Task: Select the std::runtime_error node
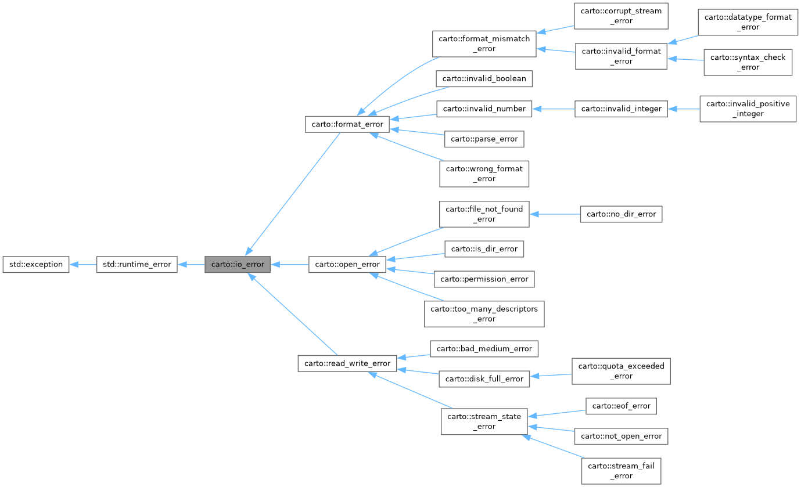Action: [137, 264]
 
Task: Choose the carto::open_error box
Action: [347, 264]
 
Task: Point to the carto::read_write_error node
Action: [347, 364]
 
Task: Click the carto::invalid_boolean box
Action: [484, 78]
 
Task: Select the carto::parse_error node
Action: [484, 139]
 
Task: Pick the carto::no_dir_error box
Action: [621, 214]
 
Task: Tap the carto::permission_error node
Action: [484, 279]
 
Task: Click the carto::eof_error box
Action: [621, 406]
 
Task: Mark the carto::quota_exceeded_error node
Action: [621, 371]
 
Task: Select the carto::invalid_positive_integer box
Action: [747, 109]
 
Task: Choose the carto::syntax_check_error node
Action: [748, 62]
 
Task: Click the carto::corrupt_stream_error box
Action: [621, 16]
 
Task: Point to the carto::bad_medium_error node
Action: [484, 349]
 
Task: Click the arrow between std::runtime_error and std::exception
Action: [82, 264]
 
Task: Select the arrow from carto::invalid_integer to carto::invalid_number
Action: [553, 109]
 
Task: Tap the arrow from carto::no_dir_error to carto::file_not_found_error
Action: [555, 214]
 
